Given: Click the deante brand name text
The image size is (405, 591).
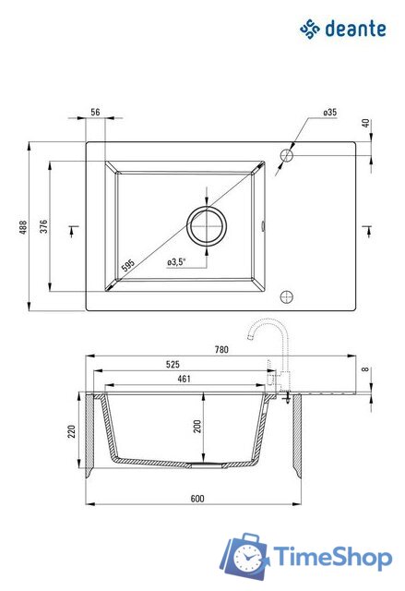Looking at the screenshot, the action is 356,30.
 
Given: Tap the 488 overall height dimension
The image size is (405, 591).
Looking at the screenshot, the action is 23,227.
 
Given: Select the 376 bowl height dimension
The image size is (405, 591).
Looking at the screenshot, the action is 43,226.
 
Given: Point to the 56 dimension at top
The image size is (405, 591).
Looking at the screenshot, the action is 96,112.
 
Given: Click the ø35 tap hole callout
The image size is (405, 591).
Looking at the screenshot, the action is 329,112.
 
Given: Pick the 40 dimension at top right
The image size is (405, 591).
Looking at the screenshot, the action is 365,123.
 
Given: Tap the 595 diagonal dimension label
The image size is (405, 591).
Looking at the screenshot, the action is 128,265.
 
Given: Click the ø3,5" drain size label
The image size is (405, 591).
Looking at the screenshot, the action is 176,261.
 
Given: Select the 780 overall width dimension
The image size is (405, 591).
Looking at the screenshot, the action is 221,349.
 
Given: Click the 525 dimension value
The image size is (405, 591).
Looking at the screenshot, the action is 173,364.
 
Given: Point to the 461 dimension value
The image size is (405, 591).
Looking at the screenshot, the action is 185,379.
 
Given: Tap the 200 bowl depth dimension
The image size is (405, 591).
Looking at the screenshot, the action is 197,427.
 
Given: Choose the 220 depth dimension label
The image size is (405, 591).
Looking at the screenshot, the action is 72,431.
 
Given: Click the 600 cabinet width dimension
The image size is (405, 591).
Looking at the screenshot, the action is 197,499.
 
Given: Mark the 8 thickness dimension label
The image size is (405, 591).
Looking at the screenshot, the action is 365,369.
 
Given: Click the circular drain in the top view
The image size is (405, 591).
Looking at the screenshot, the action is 207,226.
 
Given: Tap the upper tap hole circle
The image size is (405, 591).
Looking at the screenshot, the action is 287,155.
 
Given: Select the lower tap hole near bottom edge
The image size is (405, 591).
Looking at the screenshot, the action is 287,297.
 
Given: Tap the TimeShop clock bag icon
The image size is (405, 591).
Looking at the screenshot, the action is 244,555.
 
